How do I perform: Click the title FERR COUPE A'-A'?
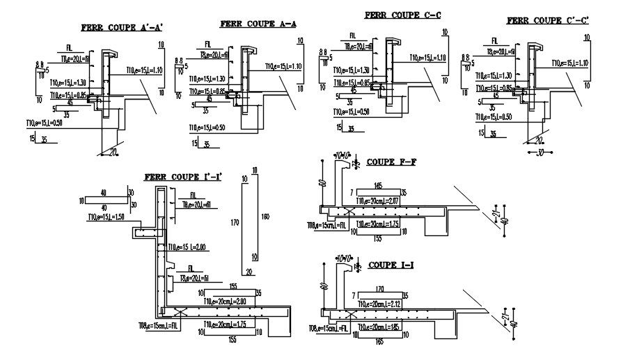pyautogui.click(x=121, y=29)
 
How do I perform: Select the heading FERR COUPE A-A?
pyautogui.click(x=258, y=23)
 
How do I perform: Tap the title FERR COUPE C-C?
pyautogui.click(x=402, y=15)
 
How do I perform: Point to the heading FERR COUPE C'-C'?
pyautogui.click(x=548, y=21)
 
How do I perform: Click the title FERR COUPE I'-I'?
pyautogui.click(x=182, y=177)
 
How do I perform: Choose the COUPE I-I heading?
pyautogui.click(x=391, y=265)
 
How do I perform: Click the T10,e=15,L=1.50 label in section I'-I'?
pyautogui.click(x=107, y=217)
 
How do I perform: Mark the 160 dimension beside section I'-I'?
pyautogui.click(x=264, y=217)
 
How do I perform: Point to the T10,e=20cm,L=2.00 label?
pyautogui.click(x=225, y=301)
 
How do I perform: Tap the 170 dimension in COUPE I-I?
pyautogui.click(x=380, y=288)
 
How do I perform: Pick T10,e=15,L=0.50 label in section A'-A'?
pyautogui.click(x=45, y=123)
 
